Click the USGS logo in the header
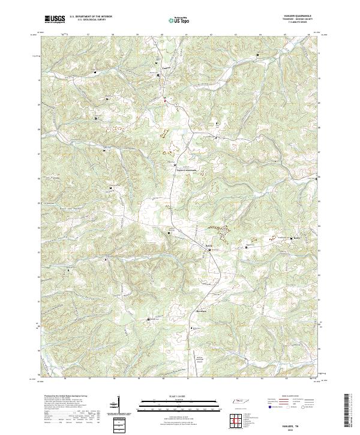pyautogui.click(x=55, y=19)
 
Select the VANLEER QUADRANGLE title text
pyautogui.click(x=298, y=16)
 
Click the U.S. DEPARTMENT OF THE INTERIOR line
pyautogui.click(x=91, y=17)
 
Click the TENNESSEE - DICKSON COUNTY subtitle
pyautogui.click(x=298, y=19)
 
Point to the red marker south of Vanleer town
pyautogui.click(x=166, y=100)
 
